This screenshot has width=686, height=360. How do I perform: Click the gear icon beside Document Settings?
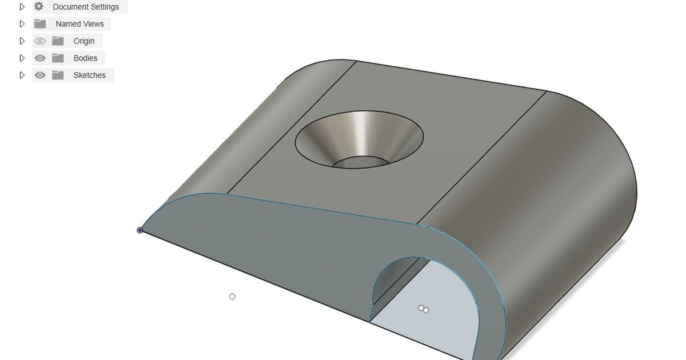[x=39, y=7]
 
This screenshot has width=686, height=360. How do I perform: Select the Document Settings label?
[x=86, y=7]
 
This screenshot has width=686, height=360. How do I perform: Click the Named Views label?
[x=79, y=24]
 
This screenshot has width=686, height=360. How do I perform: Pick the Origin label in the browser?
[x=84, y=41]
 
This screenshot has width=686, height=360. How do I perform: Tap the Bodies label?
[x=85, y=58]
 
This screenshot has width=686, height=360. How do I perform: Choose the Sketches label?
[x=89, y=75]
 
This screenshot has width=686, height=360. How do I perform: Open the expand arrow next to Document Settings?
[x=22, y=7]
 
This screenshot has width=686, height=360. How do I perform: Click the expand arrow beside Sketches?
[x=22, y=75]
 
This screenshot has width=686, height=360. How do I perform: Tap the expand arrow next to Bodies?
[x=22, y=58]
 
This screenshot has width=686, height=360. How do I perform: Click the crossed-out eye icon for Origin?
[x=39, y=41]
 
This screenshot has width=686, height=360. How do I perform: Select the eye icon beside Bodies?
[x=39, y=58]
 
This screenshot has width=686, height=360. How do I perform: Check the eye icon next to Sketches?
[x=39, y=75]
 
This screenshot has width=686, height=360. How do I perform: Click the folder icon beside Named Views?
[x=39, y=24]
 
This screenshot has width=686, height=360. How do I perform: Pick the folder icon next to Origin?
[x=58, y=41]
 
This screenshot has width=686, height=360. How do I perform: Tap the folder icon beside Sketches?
[x=58, y=75]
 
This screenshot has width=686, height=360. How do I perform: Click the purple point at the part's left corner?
[x=140, y=230]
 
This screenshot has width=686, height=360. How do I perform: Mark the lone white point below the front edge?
[x=232, y=297]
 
